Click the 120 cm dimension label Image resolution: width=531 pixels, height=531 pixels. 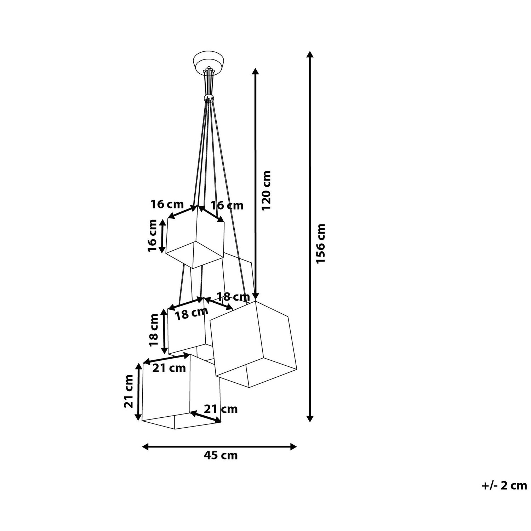point(266,190)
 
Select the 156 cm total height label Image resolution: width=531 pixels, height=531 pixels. point(321,243)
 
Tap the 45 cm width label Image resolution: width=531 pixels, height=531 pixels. point(221,455)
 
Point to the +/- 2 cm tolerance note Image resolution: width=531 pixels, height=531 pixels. point(504,485)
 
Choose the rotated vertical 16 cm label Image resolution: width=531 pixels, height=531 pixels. point(153,235)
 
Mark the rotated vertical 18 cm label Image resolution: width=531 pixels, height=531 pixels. point(154,330)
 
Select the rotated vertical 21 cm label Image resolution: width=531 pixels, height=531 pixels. point(129,392)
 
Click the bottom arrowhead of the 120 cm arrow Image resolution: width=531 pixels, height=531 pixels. point(255,297)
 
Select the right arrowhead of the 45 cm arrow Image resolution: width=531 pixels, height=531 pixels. point(293,447)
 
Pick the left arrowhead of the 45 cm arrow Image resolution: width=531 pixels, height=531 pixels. point(145,447)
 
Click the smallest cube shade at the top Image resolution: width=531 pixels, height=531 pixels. point(195,236)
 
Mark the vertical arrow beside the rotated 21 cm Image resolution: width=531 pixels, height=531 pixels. point(139,392)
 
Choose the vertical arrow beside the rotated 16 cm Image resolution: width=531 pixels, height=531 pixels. point(162,236)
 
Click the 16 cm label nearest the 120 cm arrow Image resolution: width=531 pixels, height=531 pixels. point(227,206)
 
